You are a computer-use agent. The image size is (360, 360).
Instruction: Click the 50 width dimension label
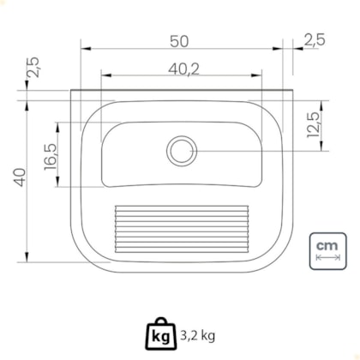coord(179,41)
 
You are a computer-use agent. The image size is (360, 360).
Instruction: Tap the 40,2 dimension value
coord(183,69)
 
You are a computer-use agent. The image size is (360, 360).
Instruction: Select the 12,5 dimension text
coord(313,125)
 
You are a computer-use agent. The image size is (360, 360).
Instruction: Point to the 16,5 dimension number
coord(51,157)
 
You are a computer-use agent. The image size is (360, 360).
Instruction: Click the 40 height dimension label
coord(20,177)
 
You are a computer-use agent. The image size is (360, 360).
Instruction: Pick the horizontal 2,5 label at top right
coord(315,39)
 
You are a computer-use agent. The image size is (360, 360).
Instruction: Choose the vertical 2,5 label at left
coord(33,67)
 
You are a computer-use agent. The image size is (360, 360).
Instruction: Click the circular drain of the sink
coord(182,151)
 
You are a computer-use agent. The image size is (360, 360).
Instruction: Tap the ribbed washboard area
coord(182,229)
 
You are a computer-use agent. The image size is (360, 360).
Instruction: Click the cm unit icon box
coord(328,251)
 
